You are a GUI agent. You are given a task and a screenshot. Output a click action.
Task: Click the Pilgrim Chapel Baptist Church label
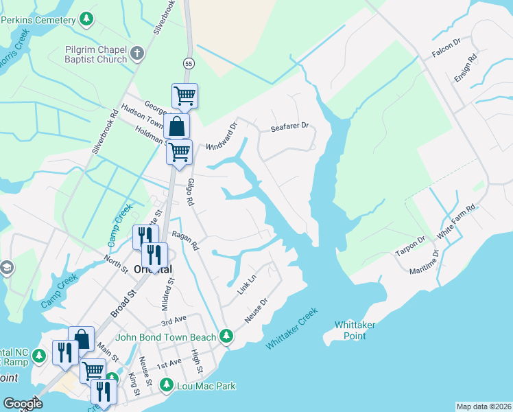coord(96,54)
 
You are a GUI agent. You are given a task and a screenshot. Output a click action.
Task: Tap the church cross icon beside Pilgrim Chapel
coord(137,53)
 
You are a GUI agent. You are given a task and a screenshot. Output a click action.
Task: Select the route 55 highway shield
coord(188,63)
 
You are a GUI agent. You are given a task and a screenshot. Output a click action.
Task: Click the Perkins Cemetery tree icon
coord(86,19)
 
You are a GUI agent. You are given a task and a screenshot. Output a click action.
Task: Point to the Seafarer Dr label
coord(290,127)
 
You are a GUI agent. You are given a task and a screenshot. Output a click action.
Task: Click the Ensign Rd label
coord(464,69)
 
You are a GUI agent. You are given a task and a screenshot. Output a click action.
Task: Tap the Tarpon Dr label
coord(410,248)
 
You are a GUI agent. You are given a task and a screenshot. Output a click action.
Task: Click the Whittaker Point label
coord(360,330)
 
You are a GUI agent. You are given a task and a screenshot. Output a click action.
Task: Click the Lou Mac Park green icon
coord(166,386)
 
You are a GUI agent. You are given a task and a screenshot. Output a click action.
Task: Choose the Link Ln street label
coord(246,284)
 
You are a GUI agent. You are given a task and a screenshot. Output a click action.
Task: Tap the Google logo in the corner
coord(23,404)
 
